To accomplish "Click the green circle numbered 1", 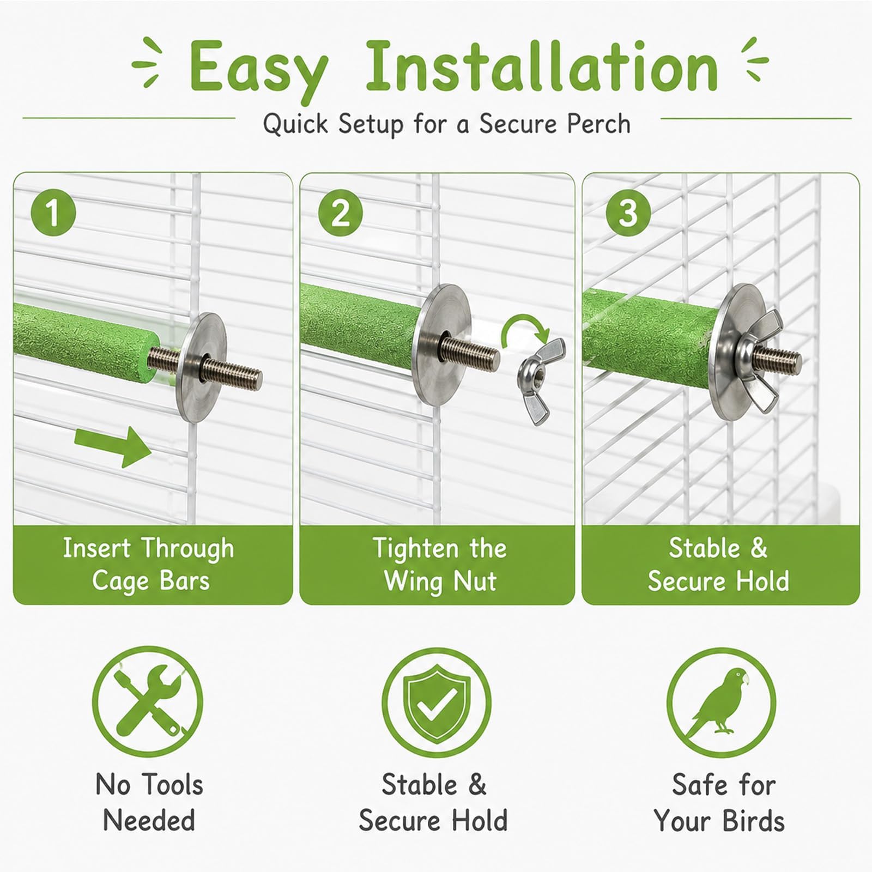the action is (53, 213).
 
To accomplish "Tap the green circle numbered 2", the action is (340, 213).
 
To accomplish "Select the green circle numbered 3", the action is (628, 213).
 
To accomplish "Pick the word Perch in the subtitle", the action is (598, 124).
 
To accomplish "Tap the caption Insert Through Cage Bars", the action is (149, 564).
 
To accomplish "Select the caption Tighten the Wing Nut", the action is (440, 564).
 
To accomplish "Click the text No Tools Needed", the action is (149, 802).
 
